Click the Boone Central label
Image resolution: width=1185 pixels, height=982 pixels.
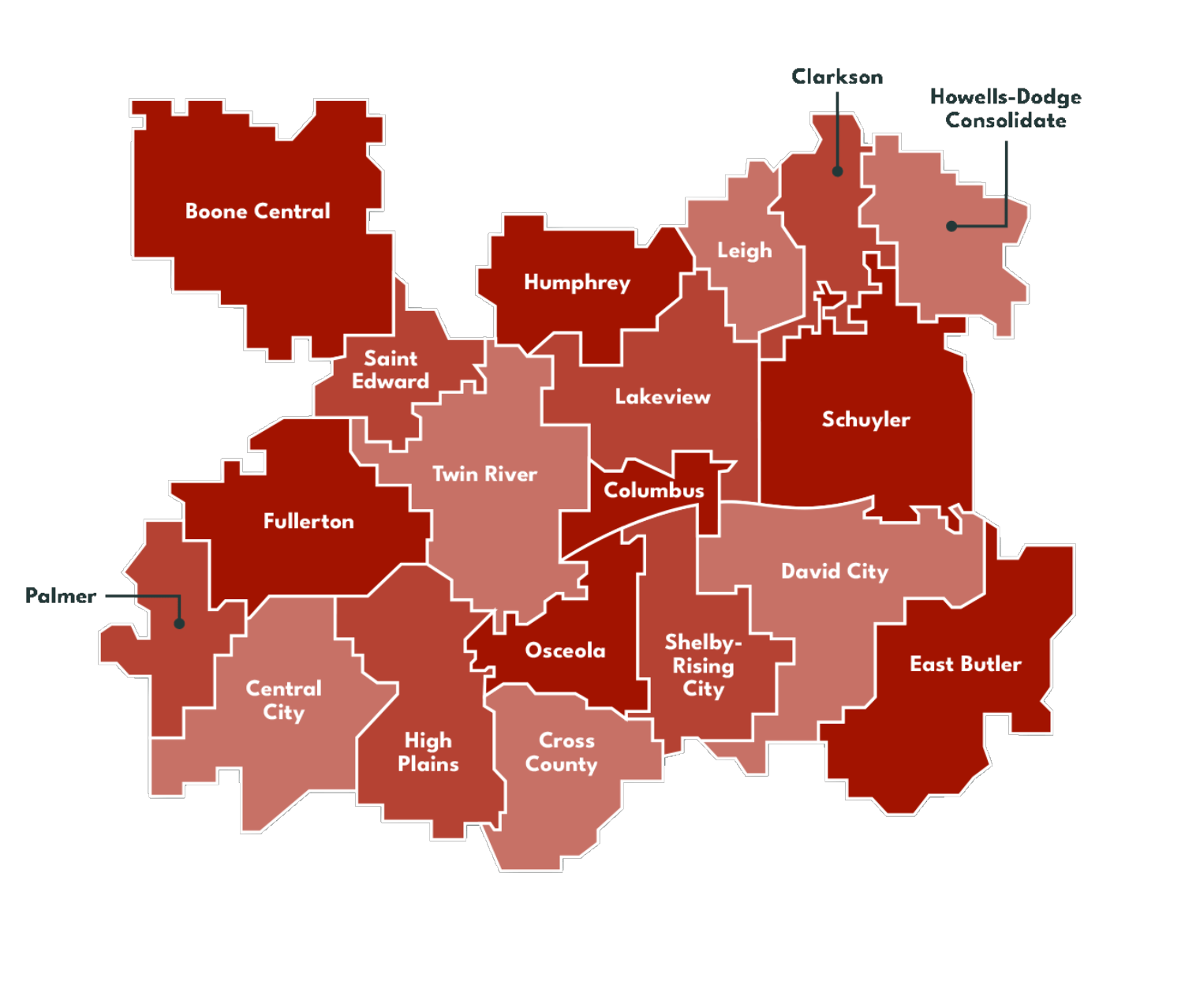[257, 212]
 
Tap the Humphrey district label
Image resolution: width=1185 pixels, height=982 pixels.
[577, 283]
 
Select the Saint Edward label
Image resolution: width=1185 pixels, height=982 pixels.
[391, 370]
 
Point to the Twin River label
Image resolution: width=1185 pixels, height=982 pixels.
[484, 474]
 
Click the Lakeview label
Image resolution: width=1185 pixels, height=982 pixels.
[663, 397]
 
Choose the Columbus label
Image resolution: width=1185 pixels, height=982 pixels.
[654, 490]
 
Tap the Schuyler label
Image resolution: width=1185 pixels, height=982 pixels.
[865, 419]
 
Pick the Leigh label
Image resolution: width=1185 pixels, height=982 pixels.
[744, 251]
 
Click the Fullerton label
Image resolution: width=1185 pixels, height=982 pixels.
[308, 521]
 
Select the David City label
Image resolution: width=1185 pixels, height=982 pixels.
[835, 571]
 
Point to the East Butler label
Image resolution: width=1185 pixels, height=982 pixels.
[965, 664]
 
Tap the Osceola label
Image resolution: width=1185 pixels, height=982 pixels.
[565, 650]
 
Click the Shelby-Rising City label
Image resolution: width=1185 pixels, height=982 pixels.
[702, 665]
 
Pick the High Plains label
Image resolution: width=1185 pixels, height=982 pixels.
[428, 752]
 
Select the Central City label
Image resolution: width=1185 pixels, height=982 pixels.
[283, 700]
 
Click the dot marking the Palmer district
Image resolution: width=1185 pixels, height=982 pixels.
[179, 624]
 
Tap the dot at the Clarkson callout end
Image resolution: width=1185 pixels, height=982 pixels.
[837, 171]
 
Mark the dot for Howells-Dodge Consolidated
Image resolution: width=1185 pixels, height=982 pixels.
[951, 227]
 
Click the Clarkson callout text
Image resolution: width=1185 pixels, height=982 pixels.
[837, 77]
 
